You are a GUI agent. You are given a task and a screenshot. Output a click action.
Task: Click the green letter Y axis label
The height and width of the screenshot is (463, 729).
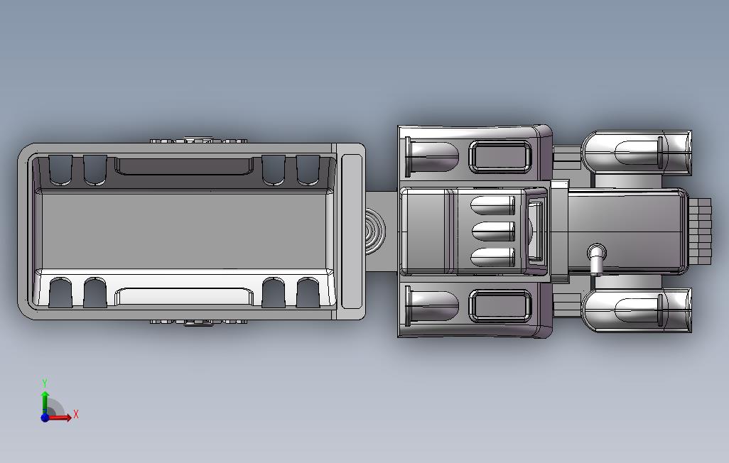click(45, 383)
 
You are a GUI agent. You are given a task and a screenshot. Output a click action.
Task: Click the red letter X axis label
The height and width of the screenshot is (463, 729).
click(76, 414)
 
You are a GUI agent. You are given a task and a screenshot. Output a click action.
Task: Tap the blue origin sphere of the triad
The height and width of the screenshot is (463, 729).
click(45, 418)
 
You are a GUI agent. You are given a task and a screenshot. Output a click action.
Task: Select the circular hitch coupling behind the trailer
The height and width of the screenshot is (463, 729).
click(374, 231)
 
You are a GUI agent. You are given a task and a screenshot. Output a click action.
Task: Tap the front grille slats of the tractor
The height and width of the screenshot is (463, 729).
click(700, 231)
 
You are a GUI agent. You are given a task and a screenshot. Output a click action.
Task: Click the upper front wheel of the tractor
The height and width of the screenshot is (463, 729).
click(637, 153)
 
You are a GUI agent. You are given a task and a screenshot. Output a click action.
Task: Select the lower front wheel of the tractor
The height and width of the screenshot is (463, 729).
click(637, 310)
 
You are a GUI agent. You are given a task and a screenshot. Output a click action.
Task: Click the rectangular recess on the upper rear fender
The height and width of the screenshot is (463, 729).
click(500, 157)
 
